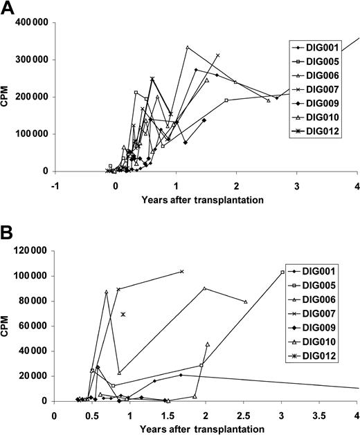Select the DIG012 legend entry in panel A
click(x=318, y=147)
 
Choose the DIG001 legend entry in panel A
click(x=318, y=48)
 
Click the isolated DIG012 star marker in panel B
click(x=123, y=315)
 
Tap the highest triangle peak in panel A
click(x=188, y=47)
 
